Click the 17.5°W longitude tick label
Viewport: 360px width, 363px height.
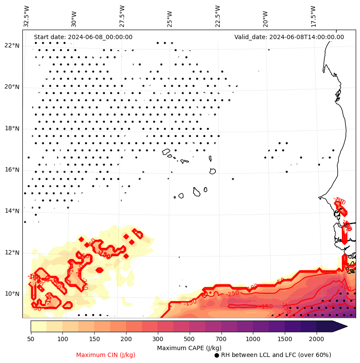tap(313, 16)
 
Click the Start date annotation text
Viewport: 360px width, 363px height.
tap(83, 37)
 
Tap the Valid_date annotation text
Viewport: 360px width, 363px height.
tap(289, 37)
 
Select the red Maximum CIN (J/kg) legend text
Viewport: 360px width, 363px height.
tap(106, 355)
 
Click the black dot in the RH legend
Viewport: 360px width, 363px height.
tap(217, 355)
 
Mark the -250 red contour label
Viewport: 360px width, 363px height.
tap(233, 294)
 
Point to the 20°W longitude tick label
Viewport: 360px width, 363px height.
tap(265, 16)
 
